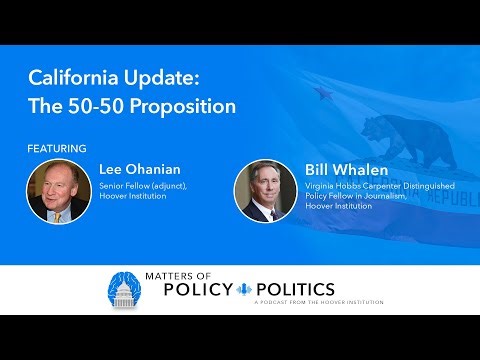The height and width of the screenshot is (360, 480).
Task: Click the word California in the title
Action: pyautogui.click(x=71, y=76)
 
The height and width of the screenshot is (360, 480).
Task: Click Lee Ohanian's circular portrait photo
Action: pyautogui.click(x=59, y=191)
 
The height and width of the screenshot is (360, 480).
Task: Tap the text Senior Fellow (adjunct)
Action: pyautogui.click(x=144, y=187)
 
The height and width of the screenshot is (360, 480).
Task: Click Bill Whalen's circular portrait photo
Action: pyautogui.click(x=262, y=190)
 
